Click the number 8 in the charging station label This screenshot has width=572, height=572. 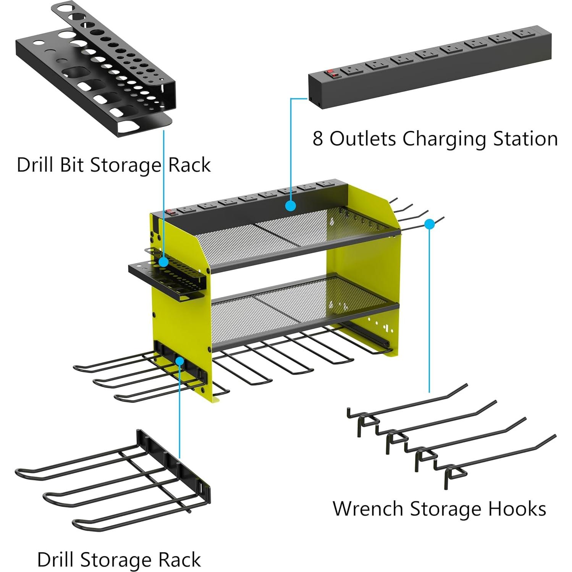click(x=318, y=139)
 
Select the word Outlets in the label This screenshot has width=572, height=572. click(x=363, y=139)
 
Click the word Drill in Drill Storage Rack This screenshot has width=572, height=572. click(x=58, y=560)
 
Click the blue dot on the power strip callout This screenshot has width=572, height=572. click(x=291, y=206)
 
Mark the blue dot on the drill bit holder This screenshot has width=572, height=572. click(x=163, y=262)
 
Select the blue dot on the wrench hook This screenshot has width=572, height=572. click(x=430, y=224)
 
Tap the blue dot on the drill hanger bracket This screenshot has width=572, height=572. click(x=179, y=360)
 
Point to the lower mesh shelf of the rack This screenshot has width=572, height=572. click(x=298, y=305)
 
